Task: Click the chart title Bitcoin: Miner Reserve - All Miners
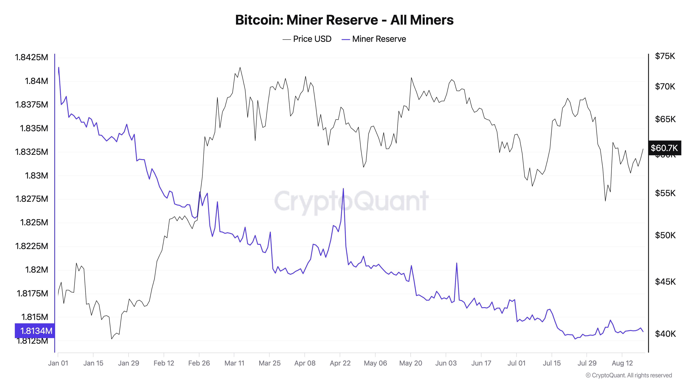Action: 344,20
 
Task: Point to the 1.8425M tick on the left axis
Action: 32,57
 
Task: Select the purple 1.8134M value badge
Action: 35,331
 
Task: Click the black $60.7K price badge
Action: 664,148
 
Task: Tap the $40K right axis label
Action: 665,334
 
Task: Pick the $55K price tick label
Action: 665,193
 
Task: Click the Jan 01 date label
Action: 58,363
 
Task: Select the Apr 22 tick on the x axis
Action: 340,363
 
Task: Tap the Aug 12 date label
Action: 622,363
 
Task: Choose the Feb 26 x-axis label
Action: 199,363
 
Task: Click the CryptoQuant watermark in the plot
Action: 351,201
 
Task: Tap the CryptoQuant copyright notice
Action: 629,375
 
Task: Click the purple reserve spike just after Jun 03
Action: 457,263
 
